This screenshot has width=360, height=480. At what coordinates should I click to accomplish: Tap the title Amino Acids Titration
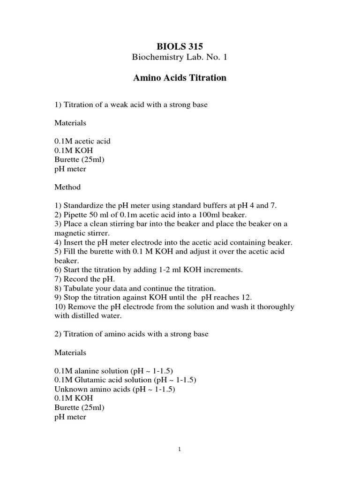(x=180, y=78)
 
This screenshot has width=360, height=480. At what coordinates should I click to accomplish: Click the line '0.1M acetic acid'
(x=82, y=141)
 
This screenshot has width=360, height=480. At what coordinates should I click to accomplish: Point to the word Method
(x=67, y=187)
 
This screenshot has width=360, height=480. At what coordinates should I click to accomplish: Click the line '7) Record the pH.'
(x=82, y=279)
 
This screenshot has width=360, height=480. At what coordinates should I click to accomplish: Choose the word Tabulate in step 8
(x=78, y=288)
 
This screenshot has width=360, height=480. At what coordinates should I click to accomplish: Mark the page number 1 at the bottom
(x=180, y=450)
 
